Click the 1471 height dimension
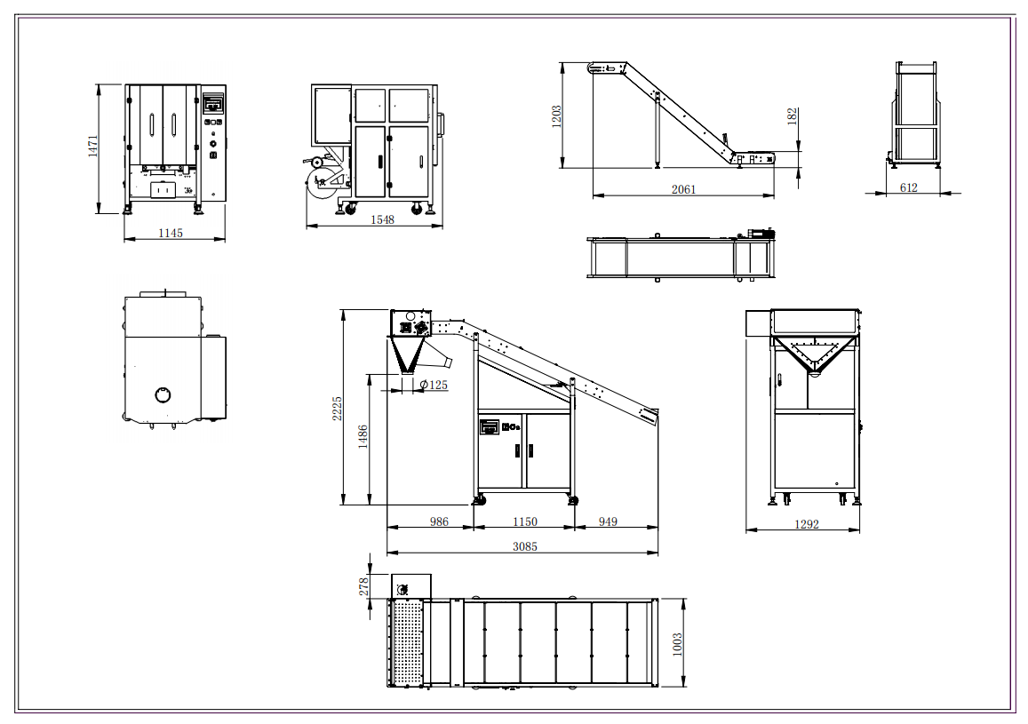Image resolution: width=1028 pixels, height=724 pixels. pos(93,146)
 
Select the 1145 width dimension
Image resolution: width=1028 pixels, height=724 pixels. pos(171,233)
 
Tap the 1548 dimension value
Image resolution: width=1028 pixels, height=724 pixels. pos(382,219)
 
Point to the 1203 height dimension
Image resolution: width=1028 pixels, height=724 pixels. pos(556,116)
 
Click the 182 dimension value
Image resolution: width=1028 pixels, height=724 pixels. pos(792,116)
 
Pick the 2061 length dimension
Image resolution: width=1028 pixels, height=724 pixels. pos(684,189)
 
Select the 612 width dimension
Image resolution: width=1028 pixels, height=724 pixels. pos(909,187)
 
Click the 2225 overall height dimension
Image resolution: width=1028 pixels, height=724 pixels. pos(337,408)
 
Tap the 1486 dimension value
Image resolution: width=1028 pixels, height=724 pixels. pos(363,436)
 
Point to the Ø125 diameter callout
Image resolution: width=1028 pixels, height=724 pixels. pos(434,385)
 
